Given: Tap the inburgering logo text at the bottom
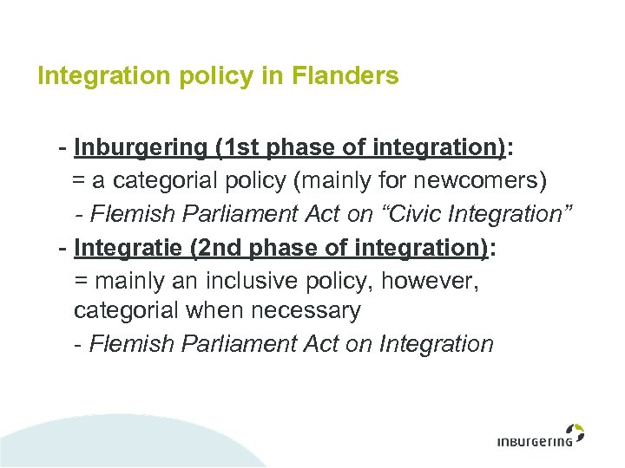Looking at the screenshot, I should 535,441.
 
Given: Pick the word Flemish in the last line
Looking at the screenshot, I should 132,344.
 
